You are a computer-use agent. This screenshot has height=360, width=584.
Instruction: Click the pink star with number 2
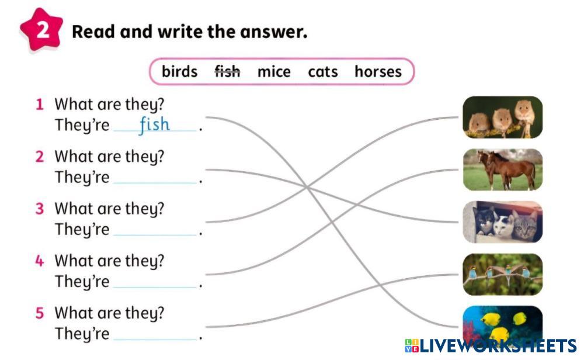pos(41,29)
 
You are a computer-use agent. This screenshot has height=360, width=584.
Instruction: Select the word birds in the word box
pos(179,71)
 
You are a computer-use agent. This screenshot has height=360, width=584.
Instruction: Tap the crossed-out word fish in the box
pos(227,71)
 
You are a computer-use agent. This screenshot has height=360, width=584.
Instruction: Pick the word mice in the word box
pos(274,71)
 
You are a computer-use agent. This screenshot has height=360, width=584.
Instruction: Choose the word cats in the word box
pos(322,71)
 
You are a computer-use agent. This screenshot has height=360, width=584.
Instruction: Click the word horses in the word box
pos(378,71)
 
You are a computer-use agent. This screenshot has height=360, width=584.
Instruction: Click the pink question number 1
pos(40,105)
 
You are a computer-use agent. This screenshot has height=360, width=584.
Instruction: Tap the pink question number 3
pos(40,209)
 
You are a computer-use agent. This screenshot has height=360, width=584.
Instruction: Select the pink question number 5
pos(40,313)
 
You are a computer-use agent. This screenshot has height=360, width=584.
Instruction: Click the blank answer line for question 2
pos(155,183)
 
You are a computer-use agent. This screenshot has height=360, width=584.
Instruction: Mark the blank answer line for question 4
pos(155,288)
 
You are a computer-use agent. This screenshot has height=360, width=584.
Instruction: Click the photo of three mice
pos(502,117)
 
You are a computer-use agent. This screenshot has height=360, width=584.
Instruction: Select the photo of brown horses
pos(502,169)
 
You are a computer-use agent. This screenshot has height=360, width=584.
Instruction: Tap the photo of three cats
pos(502,222)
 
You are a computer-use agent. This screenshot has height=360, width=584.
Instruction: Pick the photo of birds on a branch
pos(502,275)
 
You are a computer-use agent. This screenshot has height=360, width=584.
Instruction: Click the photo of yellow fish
pos(502,324)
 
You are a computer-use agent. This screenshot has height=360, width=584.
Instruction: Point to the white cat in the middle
pos(503,226)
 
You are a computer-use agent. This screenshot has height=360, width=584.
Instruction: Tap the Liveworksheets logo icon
pos(412,346)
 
